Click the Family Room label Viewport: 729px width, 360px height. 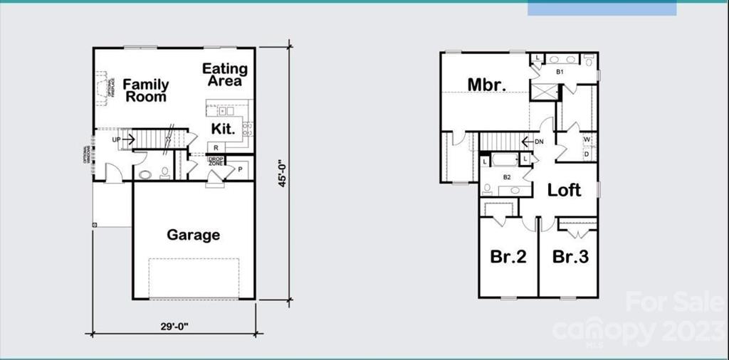146,91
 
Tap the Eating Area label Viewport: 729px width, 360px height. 225,75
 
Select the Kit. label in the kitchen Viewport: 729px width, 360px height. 222,129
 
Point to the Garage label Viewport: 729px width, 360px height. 193,235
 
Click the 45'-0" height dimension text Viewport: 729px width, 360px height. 283,173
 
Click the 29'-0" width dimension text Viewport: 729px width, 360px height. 174,326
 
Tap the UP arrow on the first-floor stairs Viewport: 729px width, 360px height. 122,139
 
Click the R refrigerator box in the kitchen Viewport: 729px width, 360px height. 214,147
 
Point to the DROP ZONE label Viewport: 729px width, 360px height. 216,162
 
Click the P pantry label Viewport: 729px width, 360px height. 240,169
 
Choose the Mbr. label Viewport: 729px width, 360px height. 487,85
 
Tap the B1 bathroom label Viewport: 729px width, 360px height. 560,72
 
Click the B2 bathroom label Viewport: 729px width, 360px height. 507,176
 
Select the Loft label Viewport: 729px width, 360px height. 564,190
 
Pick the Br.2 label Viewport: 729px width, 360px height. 508,257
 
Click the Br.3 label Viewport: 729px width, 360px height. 570,257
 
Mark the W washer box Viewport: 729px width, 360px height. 587,139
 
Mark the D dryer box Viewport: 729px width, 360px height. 587,154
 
